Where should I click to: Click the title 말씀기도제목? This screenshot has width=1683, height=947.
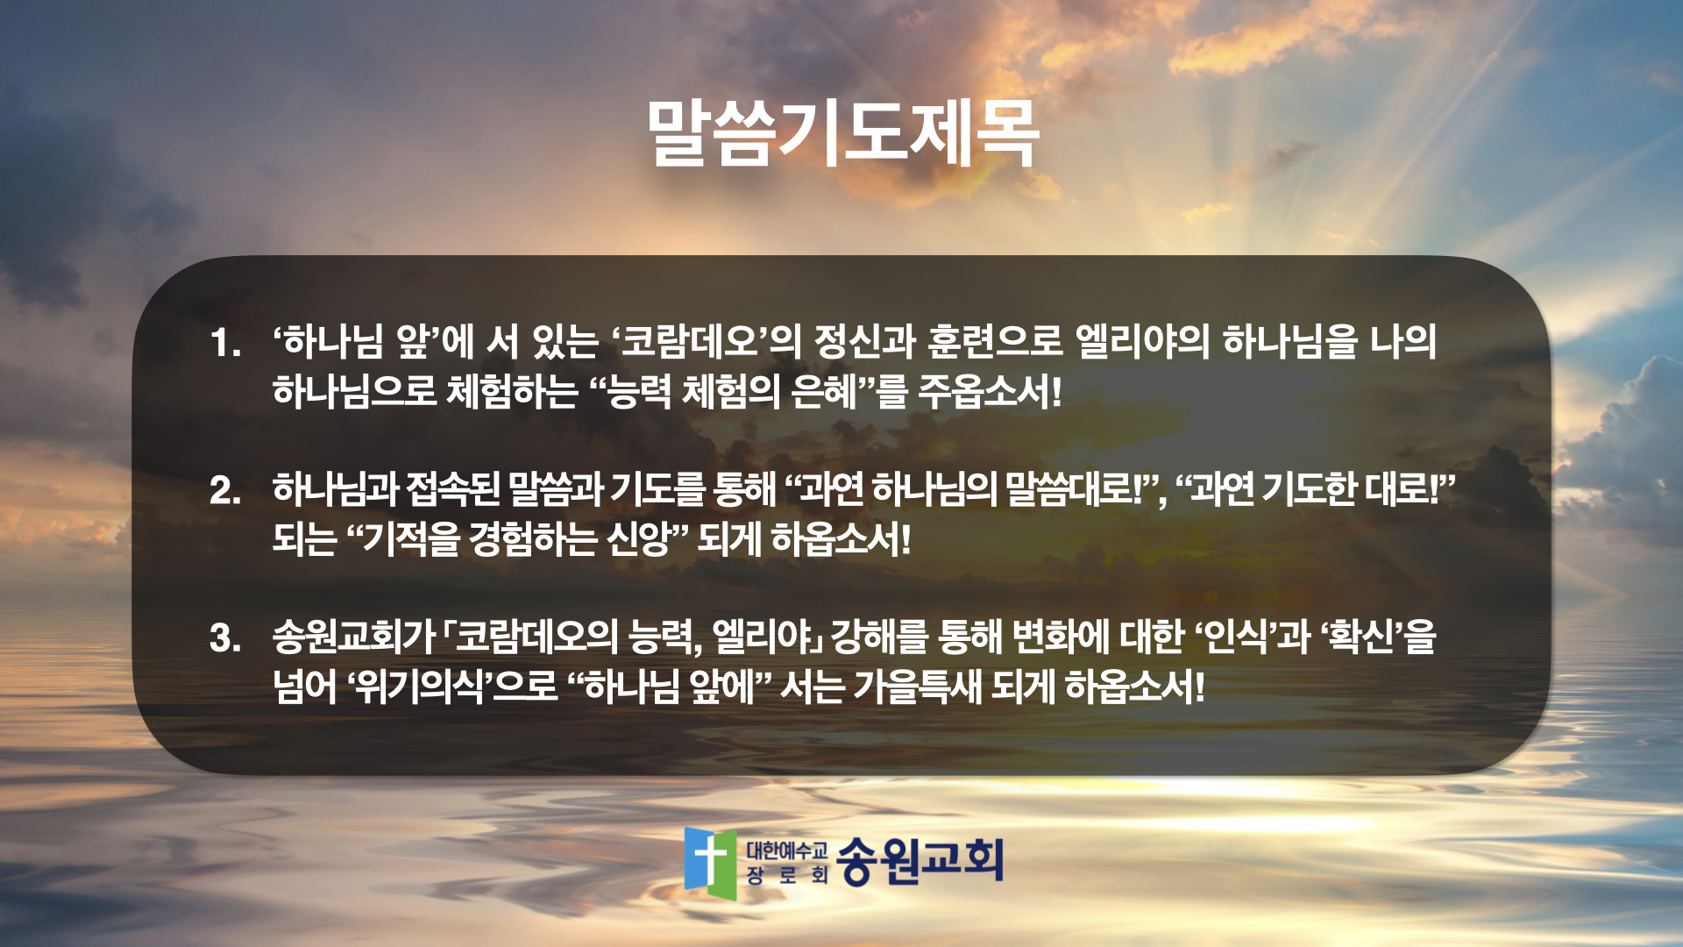pyautogui.click(x=842, y=133)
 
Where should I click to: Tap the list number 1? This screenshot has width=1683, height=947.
pyautogui.click(x=224, y=343)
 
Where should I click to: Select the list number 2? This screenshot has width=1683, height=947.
pyautogui.click(x=225, y=490)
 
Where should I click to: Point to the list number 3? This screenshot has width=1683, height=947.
pyautogui.click(x=225, y=637)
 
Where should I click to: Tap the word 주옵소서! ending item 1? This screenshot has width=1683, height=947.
pyautogui.click(x=990, y=391)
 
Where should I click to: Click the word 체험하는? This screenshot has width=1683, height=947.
pyautogui.click(x=512, y=391)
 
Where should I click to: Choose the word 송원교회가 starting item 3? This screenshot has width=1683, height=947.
pyautogui.click(x=354, y=637)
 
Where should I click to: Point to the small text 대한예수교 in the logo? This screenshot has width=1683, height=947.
pyautogui.click(x=786, y=850)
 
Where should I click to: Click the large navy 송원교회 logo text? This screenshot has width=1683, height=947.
pyautogui.click(x=919, y=860)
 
